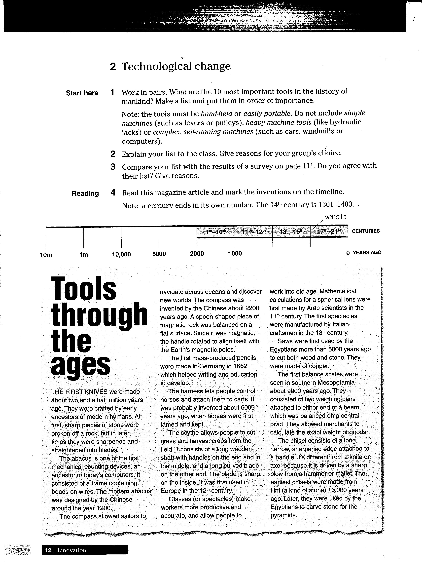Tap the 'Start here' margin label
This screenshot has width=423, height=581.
(x=82, y=93)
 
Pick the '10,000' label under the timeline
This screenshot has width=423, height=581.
(x=121, y=254)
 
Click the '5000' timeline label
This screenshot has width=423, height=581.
(x=159, y=254)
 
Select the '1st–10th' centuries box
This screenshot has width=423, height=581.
(x=216, y=232)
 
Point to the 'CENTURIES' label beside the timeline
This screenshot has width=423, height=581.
(x=366, y=231)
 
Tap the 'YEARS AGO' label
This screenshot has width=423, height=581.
(x=367, y=253)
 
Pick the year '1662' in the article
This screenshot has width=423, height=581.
(x=240, y=366)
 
